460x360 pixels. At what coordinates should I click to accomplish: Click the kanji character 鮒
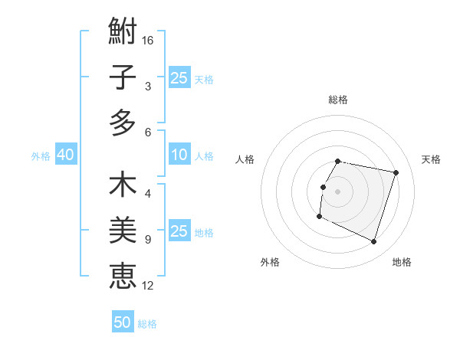point(123,33)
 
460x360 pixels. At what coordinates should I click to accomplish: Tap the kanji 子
point(123,77)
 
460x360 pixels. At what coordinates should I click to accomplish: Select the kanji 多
point(123,123)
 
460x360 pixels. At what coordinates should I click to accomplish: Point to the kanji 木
point(123,186)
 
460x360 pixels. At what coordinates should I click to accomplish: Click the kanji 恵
point(123,277)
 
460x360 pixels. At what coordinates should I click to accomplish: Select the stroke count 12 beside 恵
point(149,286)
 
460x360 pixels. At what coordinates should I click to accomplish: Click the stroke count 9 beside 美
point(148,240)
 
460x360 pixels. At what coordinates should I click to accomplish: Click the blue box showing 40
point(65,155)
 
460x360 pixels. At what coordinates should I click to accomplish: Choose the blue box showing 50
point(123,323)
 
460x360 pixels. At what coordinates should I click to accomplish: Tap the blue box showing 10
point(179,155)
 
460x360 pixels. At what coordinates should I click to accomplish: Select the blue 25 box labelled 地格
point(179,232)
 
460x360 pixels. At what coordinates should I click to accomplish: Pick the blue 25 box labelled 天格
point(179,78)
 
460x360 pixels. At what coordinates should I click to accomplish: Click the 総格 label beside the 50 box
point(147,324)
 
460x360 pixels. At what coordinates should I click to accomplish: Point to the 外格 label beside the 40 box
point(41,156)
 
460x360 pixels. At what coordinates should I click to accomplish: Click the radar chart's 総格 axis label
point(338,100)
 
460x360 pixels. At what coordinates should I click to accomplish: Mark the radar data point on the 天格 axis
point(396,173)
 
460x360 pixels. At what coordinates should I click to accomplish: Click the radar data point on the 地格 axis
point(373,242)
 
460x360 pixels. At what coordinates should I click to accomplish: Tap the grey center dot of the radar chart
point(338,191)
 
